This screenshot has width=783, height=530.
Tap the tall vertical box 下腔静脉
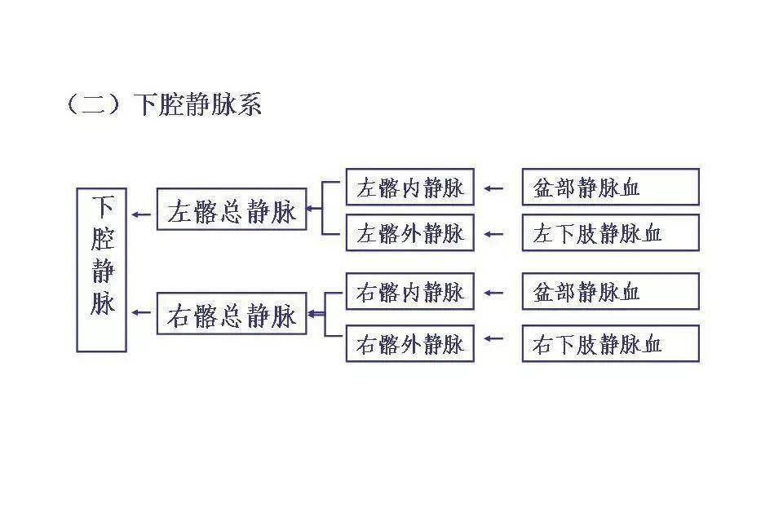(102, 270)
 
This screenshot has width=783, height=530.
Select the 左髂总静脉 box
(232, 210)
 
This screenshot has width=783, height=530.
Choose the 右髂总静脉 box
(232, 314)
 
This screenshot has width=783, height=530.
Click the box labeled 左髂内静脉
(409, 188)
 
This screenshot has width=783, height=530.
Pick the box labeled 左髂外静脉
(409, 233)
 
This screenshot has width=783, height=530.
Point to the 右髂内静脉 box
(409, 291)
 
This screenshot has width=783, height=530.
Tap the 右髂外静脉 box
(409, 343)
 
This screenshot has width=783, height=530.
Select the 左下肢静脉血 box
(610, 233)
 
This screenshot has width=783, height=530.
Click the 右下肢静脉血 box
(610, 343)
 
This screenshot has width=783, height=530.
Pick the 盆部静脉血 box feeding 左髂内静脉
(610, 188)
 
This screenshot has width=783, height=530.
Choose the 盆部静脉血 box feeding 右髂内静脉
(610, 291)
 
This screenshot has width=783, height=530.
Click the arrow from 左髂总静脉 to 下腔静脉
(142, 214)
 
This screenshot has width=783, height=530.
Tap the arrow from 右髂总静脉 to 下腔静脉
(142, 311)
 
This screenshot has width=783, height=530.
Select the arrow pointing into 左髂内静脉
(493, 188)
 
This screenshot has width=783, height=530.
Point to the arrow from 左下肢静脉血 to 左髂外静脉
(493, 234)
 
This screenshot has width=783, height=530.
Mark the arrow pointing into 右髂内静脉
(493, 291)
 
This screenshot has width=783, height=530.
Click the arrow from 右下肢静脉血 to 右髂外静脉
(493, 337)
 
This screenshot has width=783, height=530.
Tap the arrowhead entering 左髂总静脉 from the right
(312, 209)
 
